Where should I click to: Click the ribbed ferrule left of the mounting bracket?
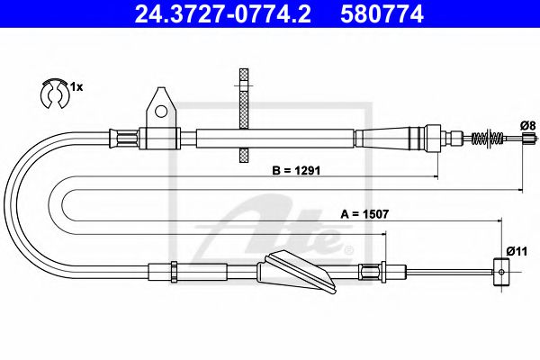(124, 138)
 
